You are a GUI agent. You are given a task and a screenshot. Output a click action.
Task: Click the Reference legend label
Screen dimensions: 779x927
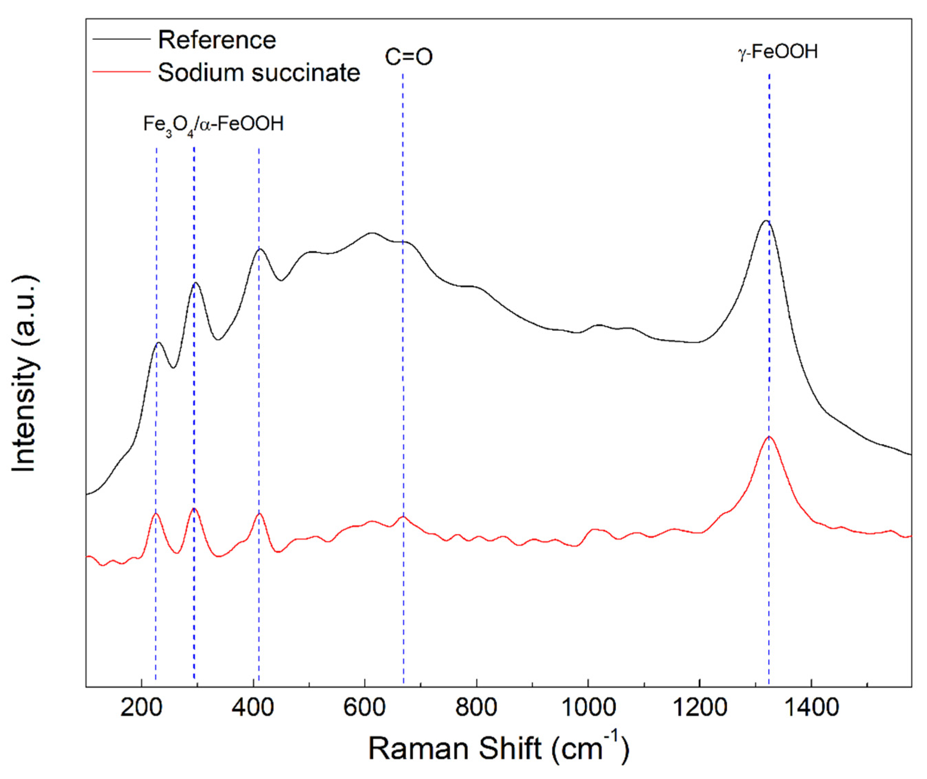click(217, 40)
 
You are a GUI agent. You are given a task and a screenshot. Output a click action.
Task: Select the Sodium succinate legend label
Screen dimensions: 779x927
click(259, 72)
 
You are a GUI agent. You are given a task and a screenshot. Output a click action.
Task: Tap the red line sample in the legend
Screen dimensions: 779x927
click(122, 71)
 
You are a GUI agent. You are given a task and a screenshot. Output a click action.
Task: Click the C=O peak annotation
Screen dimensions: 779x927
click(408, 57)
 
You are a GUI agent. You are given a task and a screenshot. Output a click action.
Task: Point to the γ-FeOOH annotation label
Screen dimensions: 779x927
click(778, 52)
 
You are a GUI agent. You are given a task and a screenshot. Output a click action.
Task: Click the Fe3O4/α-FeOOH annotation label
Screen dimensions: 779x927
click(213, 125)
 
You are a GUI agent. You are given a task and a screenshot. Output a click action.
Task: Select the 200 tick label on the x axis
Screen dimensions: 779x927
click(141, 708)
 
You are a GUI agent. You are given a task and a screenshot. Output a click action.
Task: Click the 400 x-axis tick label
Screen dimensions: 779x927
click(253, 708)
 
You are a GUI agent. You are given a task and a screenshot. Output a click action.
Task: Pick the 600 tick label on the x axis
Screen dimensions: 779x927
click(365, 708)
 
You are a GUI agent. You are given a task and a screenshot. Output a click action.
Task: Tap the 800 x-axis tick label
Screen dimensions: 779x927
click(476, 708)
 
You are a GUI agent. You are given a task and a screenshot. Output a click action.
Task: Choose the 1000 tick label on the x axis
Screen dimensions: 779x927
click(587, 708)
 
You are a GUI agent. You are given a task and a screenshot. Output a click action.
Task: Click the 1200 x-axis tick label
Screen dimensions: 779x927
click(700, 708)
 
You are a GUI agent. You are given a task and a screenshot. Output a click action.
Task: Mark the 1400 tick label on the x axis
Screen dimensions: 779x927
click(811, 708)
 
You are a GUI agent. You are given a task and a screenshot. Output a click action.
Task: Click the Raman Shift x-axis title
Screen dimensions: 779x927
click(499, 748)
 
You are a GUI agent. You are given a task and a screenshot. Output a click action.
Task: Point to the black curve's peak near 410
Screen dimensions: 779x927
click(260, 249)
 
